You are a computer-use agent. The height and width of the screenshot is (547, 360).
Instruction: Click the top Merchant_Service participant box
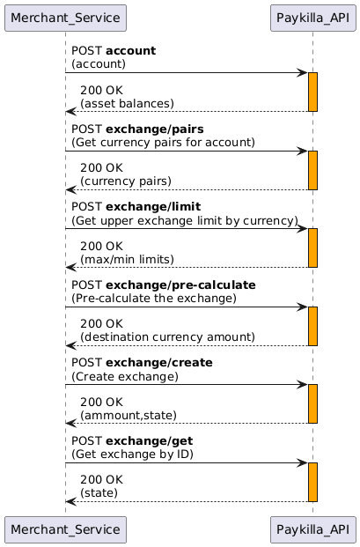65,18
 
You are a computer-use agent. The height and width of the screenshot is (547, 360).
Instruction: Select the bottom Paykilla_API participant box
313,529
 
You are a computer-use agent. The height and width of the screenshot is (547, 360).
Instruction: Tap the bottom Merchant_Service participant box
65,529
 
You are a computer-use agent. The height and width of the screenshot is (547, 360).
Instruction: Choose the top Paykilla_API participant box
313,18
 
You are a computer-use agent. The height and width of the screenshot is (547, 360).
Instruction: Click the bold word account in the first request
130,51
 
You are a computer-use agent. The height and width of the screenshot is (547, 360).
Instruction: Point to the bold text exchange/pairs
155,129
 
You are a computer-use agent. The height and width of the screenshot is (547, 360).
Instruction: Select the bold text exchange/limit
153,207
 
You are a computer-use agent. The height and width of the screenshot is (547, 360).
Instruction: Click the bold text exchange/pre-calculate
180,285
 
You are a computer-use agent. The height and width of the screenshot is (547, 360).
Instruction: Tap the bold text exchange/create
159,363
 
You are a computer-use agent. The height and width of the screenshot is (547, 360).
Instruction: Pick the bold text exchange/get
150,441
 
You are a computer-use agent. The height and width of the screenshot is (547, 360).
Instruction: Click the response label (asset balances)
128,104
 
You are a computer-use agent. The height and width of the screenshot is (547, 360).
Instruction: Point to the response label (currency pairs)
126,181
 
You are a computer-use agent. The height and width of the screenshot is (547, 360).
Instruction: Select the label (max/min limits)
128,260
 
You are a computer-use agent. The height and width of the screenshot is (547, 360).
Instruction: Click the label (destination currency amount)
167,337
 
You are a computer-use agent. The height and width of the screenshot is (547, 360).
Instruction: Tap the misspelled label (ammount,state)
129,416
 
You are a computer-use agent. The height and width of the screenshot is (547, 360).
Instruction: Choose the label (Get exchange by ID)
132,455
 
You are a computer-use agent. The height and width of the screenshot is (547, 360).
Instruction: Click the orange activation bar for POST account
313,92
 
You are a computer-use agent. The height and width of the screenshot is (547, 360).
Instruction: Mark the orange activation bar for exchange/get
313,483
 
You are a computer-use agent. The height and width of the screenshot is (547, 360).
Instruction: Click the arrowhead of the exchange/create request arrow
303,385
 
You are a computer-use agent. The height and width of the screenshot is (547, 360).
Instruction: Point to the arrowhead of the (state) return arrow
70,502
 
